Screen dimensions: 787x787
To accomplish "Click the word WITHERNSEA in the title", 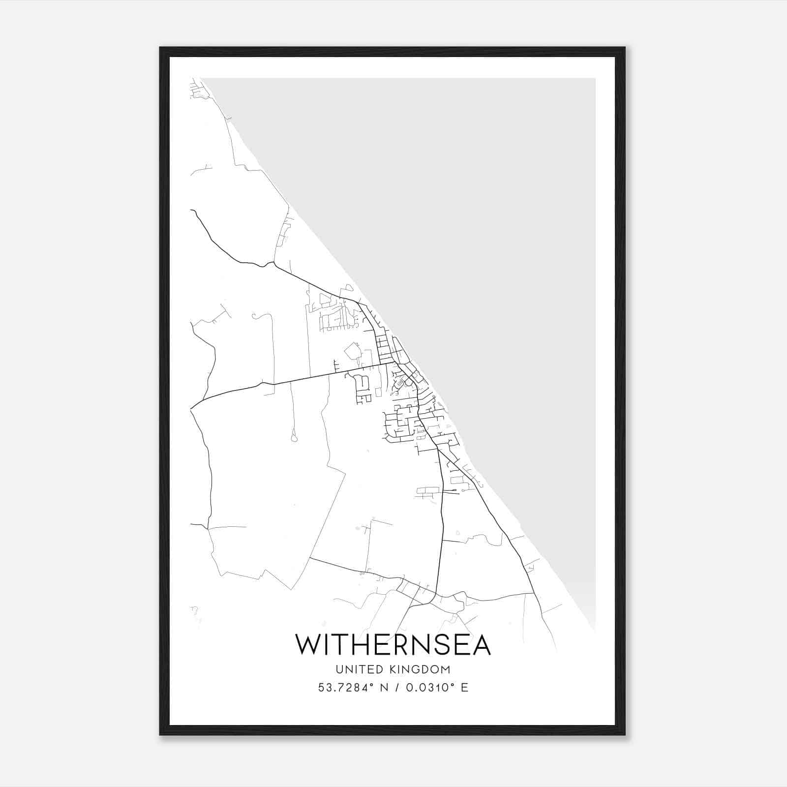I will click(x=393, y=644).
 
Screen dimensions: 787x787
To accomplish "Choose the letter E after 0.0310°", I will click(x=464, y=688).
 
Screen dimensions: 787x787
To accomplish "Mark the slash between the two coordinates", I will click(x=396, y=688).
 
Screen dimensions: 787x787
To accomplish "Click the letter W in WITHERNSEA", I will click(x=308, y=644).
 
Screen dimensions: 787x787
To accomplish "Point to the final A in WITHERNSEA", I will click(x=481, y=644).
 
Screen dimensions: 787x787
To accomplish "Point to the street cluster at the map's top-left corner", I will click(x=198, y=90).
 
